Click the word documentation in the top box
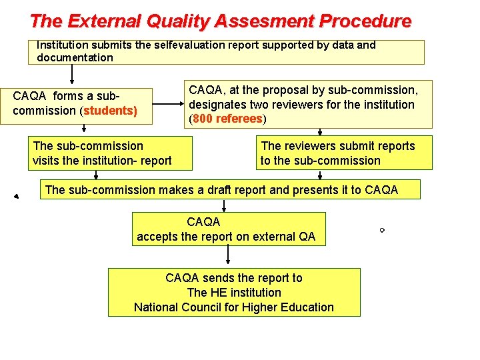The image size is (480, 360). click(75, 57)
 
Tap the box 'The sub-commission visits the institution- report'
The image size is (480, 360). click(111, 153)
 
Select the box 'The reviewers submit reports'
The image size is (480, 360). click(345, 153)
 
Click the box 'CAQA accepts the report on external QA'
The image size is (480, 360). click(229, 229)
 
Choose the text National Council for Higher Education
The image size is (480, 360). click(234, 307)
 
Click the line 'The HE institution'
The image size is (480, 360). click(234, 293)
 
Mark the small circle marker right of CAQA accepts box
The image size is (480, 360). click(382, 230)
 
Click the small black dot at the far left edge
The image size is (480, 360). click(15, 197)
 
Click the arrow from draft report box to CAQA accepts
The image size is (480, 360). click(229, 205)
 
